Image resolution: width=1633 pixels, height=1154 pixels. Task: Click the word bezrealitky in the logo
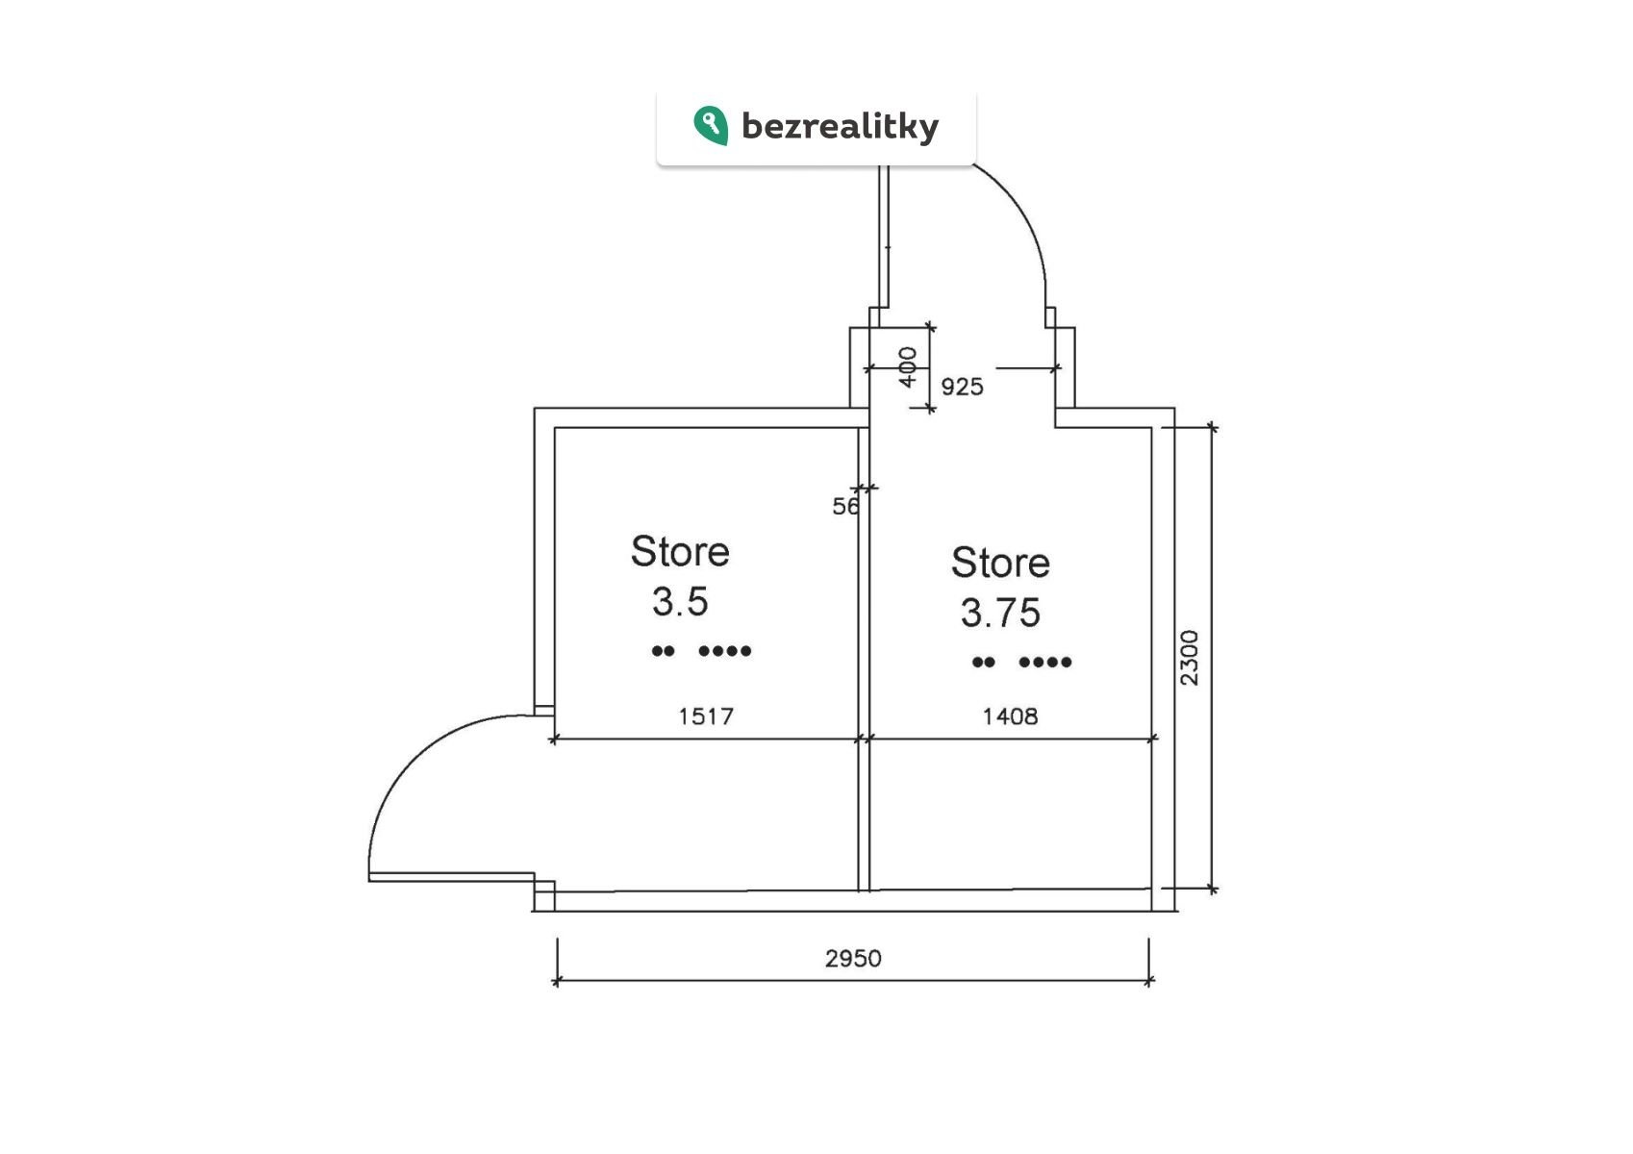coord(840,127)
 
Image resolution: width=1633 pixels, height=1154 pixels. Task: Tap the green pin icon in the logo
coord(711,125)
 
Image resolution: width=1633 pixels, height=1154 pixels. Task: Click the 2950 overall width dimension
coord(852,958)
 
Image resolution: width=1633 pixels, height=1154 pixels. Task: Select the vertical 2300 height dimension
coord(1190,658)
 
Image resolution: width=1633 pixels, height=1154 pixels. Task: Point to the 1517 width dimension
coord(706,716)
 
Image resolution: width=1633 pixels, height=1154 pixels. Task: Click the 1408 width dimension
coord(1010,716)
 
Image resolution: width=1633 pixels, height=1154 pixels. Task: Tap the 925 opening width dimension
coord(962,387)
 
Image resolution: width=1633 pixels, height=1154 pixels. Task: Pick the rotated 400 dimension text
coord(908,367)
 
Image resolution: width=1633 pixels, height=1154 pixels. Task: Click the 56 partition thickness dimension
coord(845,506)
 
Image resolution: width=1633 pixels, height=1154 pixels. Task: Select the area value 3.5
coord(680,602)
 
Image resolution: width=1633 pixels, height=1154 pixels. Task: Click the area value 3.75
coord(1000,613)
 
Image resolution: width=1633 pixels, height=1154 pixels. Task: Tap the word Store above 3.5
coord(680,552)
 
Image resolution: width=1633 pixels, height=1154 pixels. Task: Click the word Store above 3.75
coord(1000,563)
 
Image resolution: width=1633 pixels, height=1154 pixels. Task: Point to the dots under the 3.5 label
coord(701,651)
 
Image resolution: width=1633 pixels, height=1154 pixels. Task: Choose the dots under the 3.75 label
coord(1021,662)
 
